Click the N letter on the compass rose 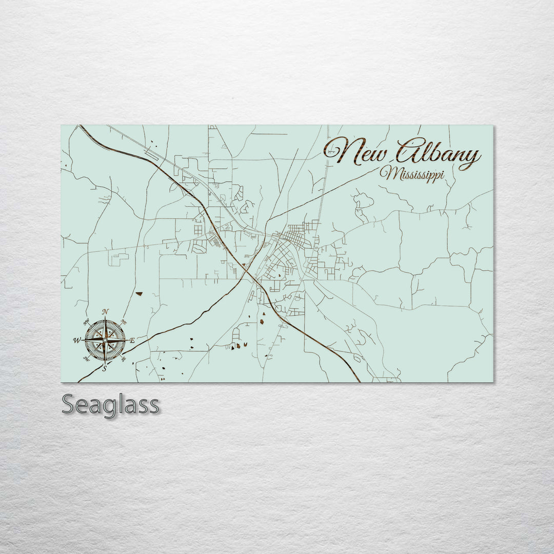pos(105,311)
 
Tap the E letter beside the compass pos(132,340)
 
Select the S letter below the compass pos(105,368)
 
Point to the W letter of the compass pos(76,340)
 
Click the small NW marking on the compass pos(86,322)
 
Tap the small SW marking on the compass pos(86,359)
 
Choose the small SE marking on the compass pos(124,359)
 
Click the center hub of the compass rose pos(105,340)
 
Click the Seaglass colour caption pos(110,405)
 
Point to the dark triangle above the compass pos(138,294)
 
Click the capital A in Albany pos(408,151)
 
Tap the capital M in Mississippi pos(388,173)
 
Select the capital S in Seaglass pos(69,405)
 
